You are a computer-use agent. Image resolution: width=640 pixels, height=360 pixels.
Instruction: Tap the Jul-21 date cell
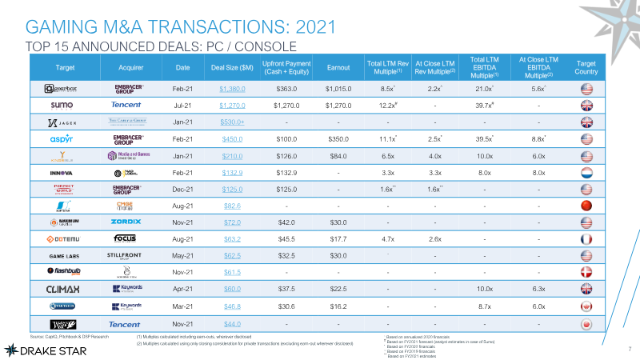click(182, 105)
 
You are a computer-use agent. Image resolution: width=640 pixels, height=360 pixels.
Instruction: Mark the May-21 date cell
click(182, 256)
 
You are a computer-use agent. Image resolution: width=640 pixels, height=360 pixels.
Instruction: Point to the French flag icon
click(586, 239)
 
